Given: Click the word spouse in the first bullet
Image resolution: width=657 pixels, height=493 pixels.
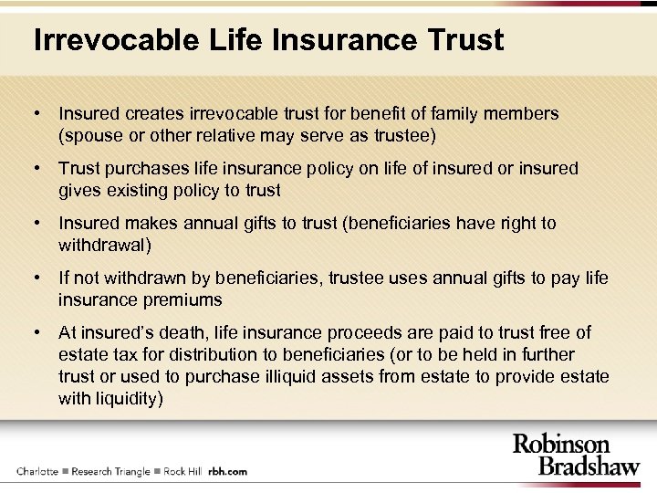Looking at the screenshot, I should pyautogui.click(x=94, y=136).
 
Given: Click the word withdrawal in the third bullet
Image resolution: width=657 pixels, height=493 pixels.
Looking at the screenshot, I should pyautogui.click(x=102, y=245).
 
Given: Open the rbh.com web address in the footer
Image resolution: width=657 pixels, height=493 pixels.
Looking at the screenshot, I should pyautogui.click(x=227, y=471).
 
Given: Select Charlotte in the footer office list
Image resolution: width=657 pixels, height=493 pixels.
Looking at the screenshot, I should pyautogui.click(x=37, y=471).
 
